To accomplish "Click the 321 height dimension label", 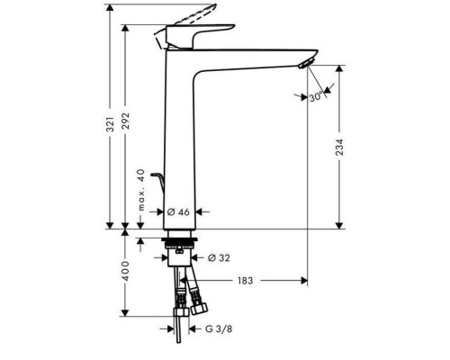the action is [111, 124].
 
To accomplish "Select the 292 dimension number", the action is [126, 121].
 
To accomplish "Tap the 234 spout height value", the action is [339, 147].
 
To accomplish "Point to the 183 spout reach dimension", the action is [246, 281].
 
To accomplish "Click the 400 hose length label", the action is [126, 271].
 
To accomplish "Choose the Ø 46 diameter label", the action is [178, 212].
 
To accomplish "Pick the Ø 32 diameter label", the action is [219, 257].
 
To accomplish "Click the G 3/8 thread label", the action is [219, 328].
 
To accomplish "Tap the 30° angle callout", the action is [317, 97].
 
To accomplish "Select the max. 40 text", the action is [141, 190].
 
